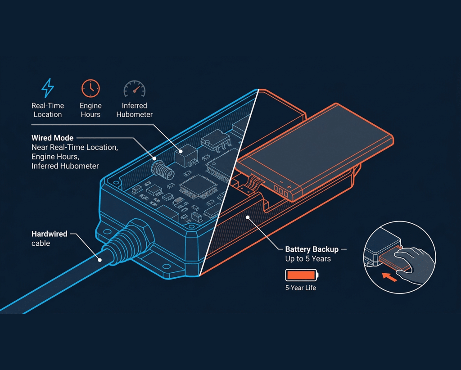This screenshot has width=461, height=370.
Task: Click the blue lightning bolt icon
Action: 47,88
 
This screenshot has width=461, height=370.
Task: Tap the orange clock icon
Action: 90,88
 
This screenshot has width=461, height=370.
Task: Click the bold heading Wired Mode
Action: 52,138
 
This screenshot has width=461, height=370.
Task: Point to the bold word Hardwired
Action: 50,234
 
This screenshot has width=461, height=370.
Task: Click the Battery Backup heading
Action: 312,249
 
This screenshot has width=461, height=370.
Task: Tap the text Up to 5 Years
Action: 308,259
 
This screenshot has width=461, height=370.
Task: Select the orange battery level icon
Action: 302,275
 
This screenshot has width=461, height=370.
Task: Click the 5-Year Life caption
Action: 300,288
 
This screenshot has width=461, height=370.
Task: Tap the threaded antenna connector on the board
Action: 163,171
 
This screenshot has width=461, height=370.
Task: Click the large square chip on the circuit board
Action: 199,186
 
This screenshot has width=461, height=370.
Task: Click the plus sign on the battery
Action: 289,187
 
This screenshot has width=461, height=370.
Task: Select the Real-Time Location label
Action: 48,110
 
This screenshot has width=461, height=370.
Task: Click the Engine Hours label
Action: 90,110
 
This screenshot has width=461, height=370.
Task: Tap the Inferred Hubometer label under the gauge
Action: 134,110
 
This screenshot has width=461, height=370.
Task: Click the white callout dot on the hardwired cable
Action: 100,260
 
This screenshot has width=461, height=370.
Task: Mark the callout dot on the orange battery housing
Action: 248,217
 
